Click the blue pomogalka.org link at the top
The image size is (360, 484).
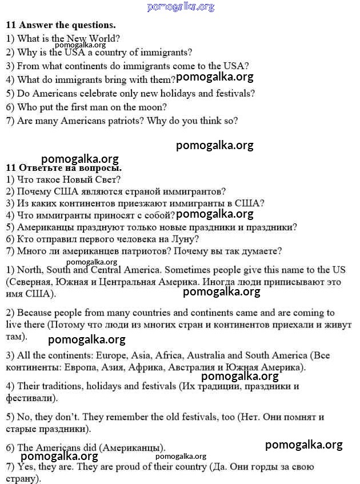(181, 7)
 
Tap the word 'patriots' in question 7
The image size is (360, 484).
(129, 121)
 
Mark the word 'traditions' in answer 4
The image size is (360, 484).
(62, 386)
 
